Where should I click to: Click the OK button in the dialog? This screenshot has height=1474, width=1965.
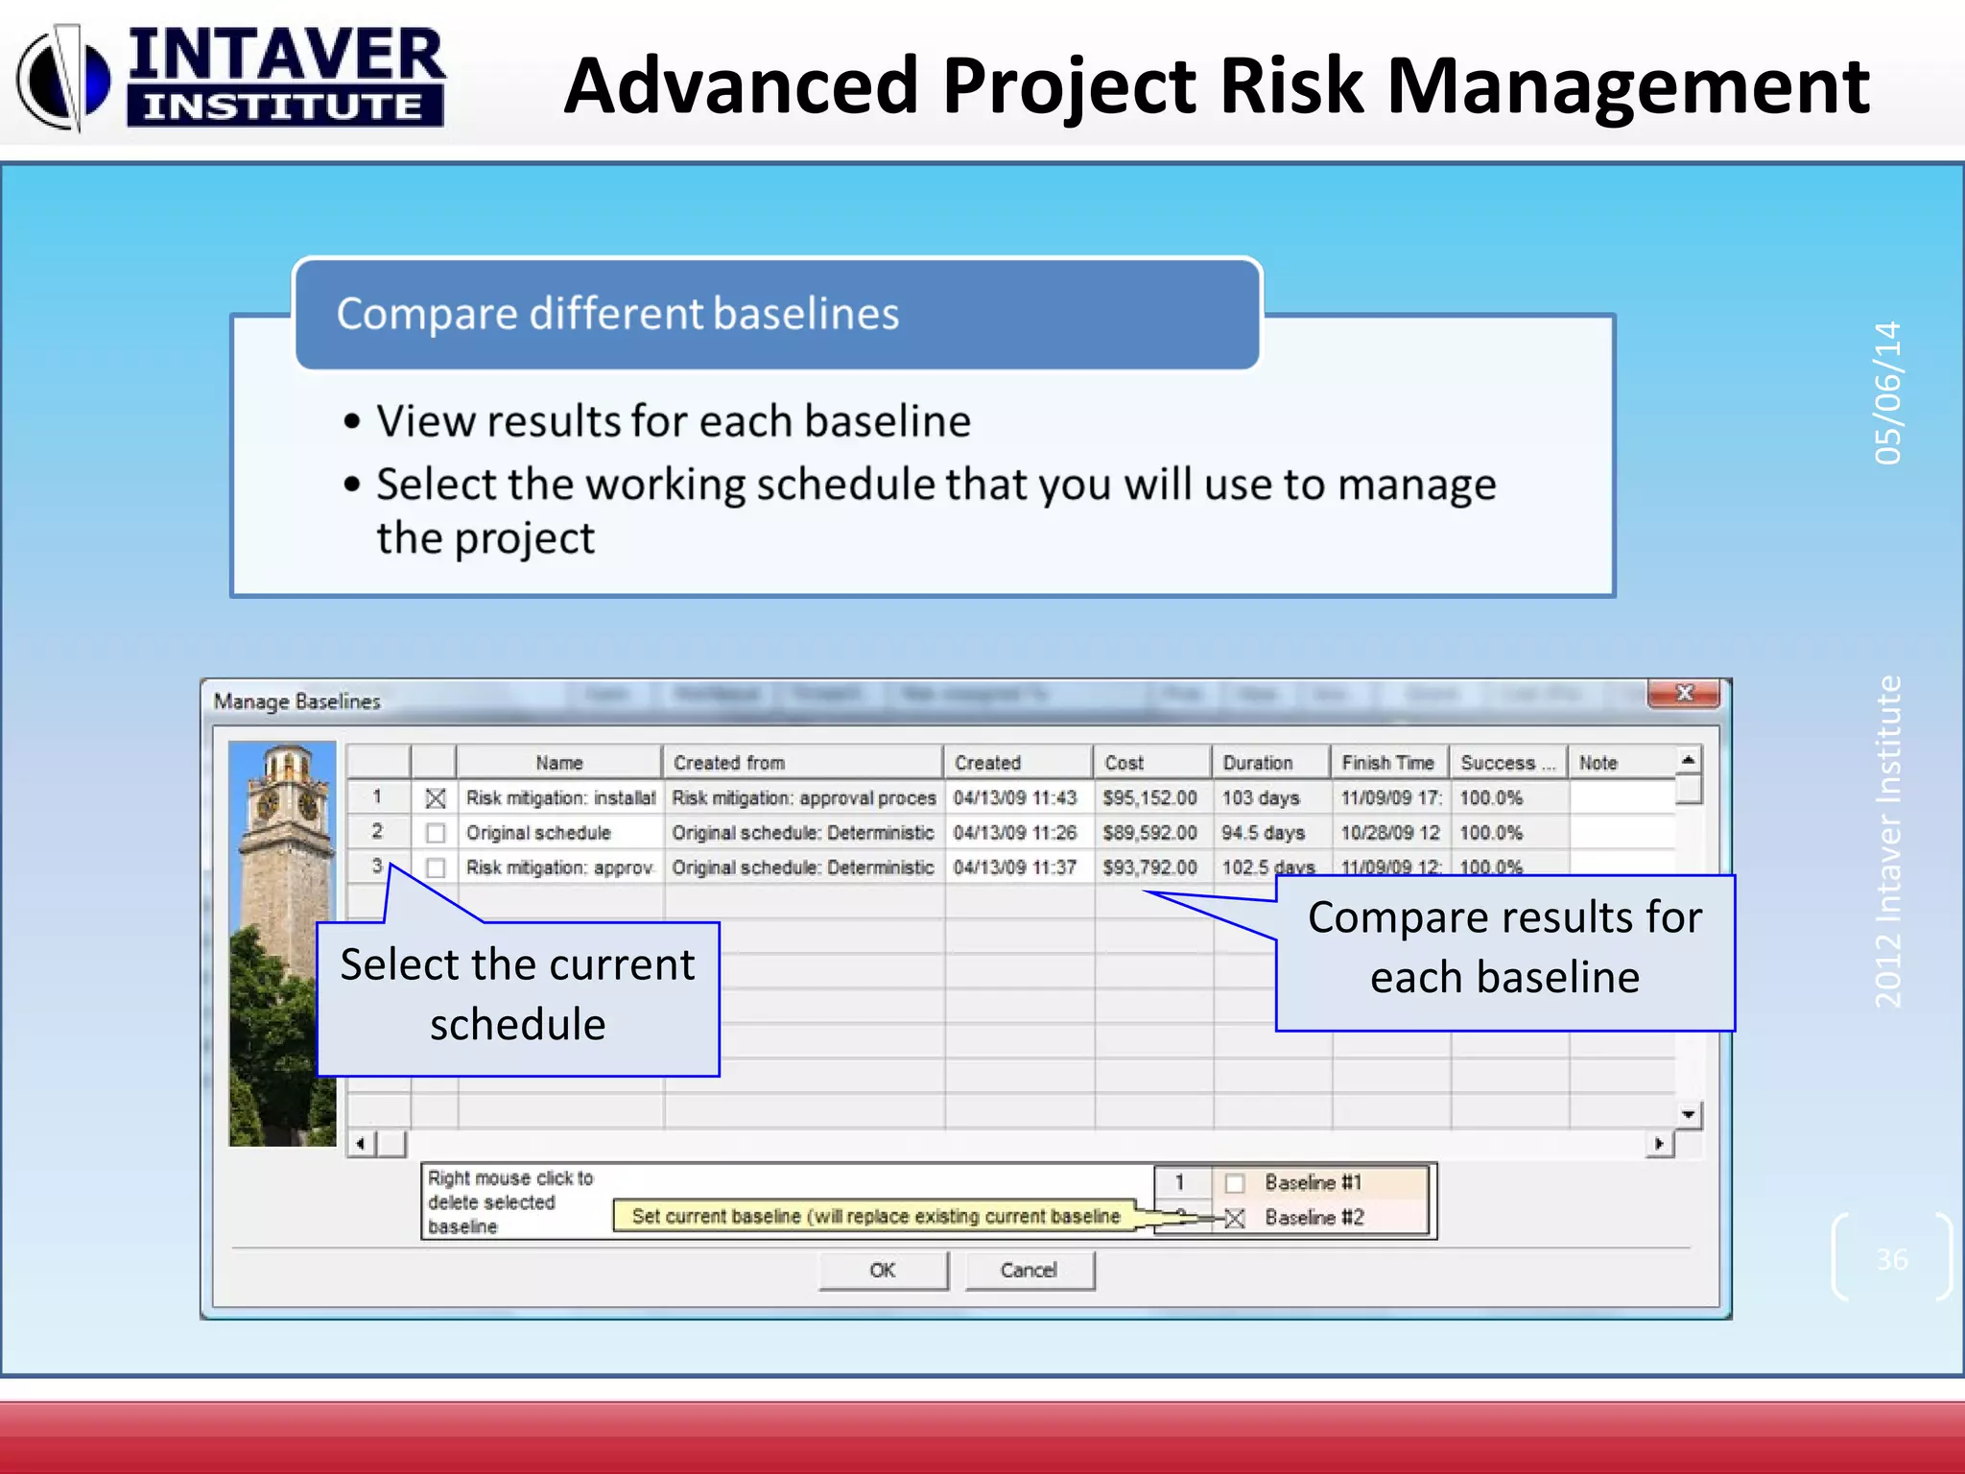click(883, 1271)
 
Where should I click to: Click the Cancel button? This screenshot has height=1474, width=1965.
click(1029, 1271)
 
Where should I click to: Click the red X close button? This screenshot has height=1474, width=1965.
click(1684, 693)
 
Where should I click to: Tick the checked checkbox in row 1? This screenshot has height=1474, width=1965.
click(436, 798)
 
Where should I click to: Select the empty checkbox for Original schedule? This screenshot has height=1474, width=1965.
click(436, 833)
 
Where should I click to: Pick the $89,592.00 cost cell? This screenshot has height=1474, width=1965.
click(1149, 833)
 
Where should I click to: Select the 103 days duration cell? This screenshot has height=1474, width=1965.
click(1261, 798)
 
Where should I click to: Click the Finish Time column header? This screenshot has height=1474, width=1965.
click(1387, 763)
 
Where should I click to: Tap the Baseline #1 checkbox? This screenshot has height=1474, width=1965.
click(1235, 1183)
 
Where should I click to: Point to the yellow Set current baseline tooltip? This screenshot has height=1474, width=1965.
click(875, 1217)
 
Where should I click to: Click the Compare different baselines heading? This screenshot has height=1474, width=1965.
click(618, 314)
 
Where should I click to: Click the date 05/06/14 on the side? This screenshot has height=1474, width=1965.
click(1887, 393)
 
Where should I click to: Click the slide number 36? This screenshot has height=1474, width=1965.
click(1892, 1259)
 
